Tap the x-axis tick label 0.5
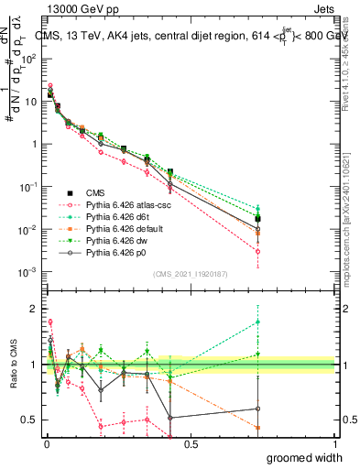point(190,443)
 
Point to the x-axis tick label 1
point(333,443)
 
